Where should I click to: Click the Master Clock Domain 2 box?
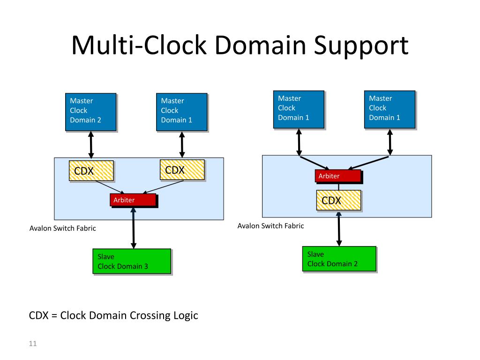(x=91, y=112)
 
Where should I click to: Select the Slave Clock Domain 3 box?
(x=132, y=261)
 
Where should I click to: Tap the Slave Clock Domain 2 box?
(x=339, y=259)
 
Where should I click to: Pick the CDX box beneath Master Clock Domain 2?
(x=91, y=171)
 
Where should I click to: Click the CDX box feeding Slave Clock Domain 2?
(x=338, y=200)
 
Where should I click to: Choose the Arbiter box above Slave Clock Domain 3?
(x=133, y=200)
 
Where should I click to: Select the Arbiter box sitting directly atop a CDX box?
(x=338, y=176)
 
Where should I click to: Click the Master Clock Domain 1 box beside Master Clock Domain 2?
(x=182, y=112)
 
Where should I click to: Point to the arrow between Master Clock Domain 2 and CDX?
(x=91, y=144)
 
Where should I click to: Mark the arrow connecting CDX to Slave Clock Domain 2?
(x=338, y=229)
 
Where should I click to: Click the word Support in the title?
(x=361, y=46)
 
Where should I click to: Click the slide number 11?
(x=33, y=344)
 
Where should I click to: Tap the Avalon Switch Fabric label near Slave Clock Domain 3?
(x=63, y=228)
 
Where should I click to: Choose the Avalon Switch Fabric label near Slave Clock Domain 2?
(x=270, y=225)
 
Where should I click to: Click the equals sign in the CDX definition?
(x=54, y=315)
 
